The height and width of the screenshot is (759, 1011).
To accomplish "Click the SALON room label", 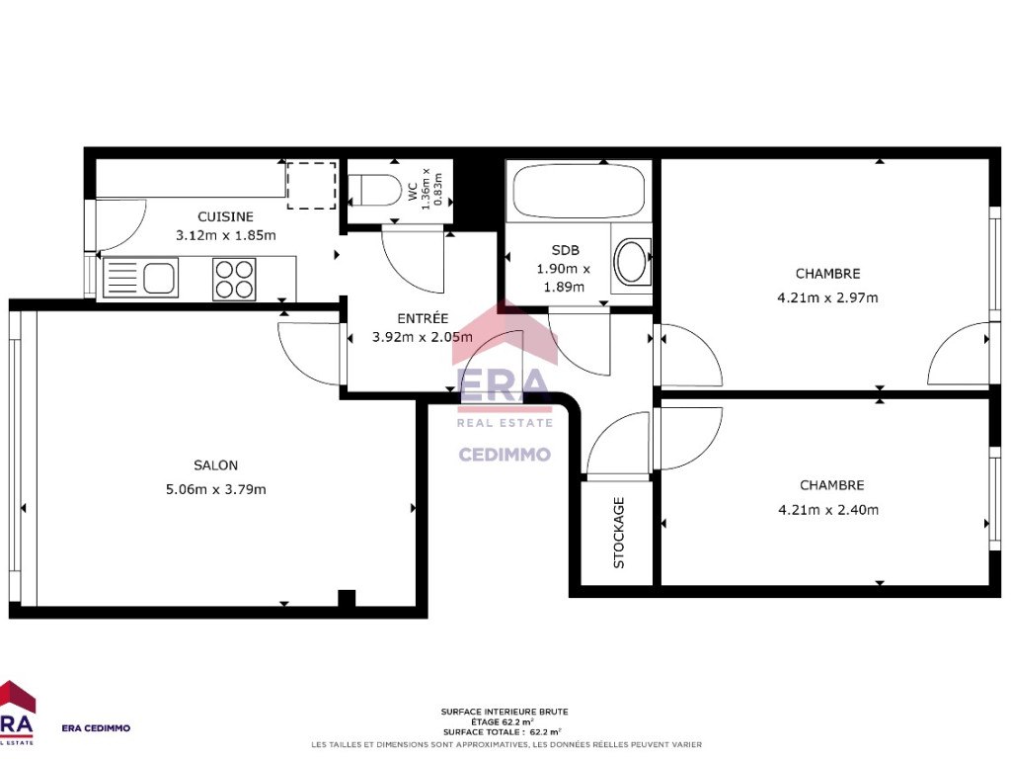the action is pyautogui.click(x=215, y=465).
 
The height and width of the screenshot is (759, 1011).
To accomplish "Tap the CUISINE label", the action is pyautogui.click(x=225, y=216).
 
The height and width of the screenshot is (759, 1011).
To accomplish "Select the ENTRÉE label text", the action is pyautogui.click(x=423, y=318).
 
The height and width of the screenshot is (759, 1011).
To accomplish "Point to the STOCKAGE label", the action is pyautogui.click(x=619, y=533).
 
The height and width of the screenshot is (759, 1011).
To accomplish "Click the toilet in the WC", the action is pyautogui.click(x=374, y=190).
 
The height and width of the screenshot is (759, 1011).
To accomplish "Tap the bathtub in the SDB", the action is pyautogui.click(x=579, y=191).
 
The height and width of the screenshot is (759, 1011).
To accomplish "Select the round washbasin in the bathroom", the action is pyautogui.click(x=632, y=261).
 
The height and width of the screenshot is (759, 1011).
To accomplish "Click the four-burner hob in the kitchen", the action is pyautogui.click(x=234, y=280).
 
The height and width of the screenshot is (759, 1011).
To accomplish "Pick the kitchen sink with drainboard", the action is pyautogui.click(x=140, y=278).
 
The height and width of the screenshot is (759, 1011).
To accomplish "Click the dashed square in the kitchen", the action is pyautogui.click(x=311, y=186).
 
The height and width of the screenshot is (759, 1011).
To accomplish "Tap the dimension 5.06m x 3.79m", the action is pyautogui.click(x=216, y=489).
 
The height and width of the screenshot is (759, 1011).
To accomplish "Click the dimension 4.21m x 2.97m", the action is pyautogui.click(x=828, y=297).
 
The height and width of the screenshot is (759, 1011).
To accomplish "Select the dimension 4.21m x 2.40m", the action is pyautogui.click(x=828, y=510).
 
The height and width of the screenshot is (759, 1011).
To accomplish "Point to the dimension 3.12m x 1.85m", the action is pyautogui.click(x=226, y=235).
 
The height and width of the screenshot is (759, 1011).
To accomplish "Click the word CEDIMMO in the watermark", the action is pyautogui.click(x=505, y=455).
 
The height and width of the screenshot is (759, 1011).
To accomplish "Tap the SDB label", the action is pyautogui.click(x=566, y=250).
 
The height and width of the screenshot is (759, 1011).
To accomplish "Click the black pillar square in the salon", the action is pyautogui.click(x=347, y=598).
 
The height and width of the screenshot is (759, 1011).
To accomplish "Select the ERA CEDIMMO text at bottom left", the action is pyautogui.click(x=96, y=728).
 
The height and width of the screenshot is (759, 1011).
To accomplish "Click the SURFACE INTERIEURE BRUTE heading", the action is pyautogui.click(x=505, y=712).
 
